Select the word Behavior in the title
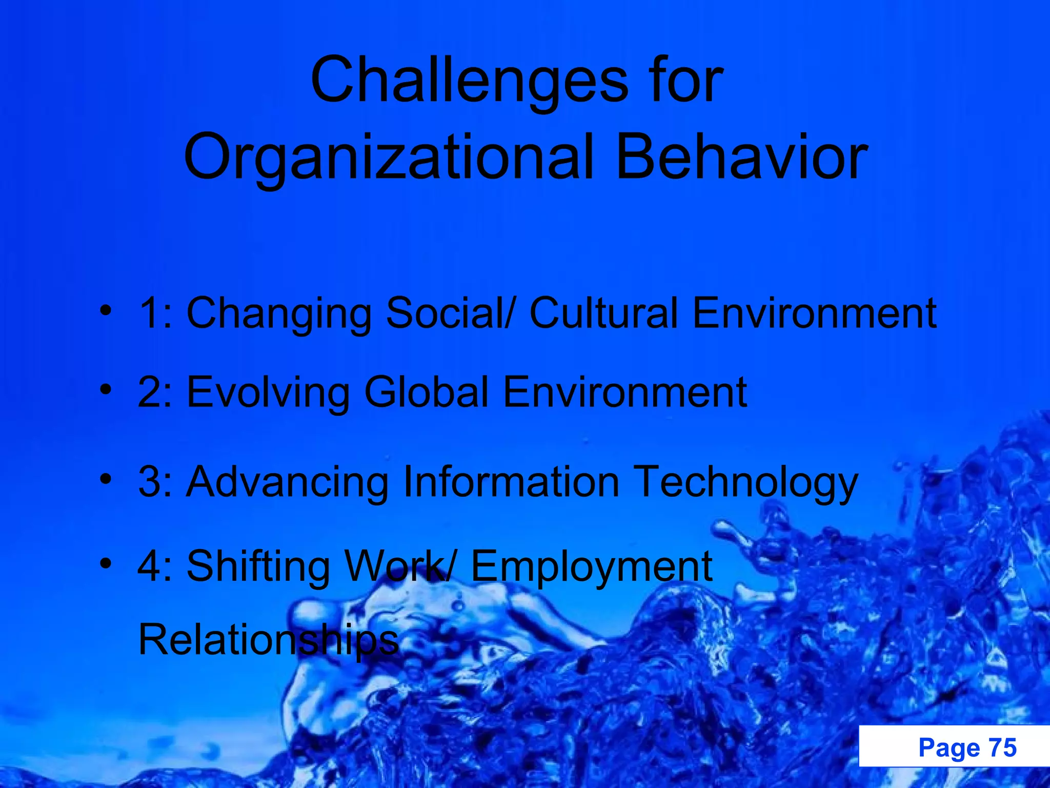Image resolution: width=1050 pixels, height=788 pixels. (741, 156)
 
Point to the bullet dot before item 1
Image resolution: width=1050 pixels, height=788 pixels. (106, 310)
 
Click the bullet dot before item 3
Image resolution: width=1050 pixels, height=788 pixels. (106, 479)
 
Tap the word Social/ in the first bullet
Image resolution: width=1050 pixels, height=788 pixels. (449, 313)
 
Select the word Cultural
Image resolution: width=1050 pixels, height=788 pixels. (603, 313)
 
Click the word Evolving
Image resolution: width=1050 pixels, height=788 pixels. (268, 392)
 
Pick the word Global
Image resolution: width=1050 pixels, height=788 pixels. (427, 392)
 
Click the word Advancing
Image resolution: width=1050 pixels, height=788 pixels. (288, 482)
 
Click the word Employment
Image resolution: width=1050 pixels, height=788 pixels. (591, 567)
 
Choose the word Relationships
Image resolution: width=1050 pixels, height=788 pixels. (268, 640)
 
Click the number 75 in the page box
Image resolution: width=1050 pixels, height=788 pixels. (1002, 747)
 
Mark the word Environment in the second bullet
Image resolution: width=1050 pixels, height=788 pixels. (624, 392)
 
